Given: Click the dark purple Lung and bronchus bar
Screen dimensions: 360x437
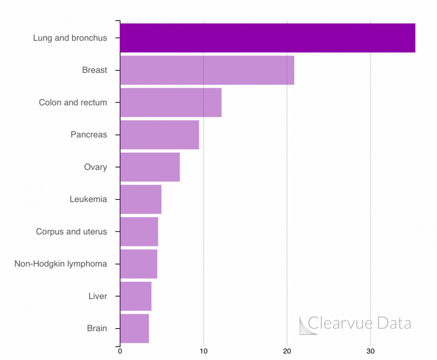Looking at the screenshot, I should (x=267, y=38).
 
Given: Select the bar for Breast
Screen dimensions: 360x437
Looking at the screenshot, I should (x=207, y=70).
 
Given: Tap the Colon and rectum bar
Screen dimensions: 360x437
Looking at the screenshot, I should (x=170, y=102).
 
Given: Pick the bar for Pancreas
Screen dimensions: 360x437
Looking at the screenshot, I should (x=159, y=135).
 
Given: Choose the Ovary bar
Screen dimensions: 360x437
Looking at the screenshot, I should (x=149, y=167).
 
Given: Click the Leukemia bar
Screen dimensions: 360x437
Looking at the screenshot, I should (x=140, y=199).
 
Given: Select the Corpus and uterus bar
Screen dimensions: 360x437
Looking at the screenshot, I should (x=139, y=231).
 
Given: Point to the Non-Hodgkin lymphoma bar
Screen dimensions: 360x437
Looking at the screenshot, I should (x=139, y=264).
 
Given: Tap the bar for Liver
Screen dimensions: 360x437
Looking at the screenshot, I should (x=135, y=296).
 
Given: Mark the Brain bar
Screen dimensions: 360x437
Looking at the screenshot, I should (x=134, y=329).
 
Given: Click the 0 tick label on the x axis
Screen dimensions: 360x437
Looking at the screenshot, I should (x=120, y=351).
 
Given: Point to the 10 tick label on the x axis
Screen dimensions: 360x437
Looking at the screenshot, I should (x=203, y=351).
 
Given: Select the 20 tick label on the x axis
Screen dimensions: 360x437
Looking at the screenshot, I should (x=287, y=351).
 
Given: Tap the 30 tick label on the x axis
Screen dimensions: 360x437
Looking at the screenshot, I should (x=371, y=351).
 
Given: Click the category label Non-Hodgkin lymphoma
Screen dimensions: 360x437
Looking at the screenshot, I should (x=61, y=264).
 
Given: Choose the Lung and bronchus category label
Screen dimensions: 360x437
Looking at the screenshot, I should (x=70, y=38).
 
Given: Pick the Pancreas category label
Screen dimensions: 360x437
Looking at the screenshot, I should (x=89, y=135).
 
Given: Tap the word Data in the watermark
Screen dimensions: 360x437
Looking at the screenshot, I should (x=394, y=323).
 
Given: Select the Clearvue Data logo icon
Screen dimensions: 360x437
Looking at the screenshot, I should (x=308, y=325).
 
